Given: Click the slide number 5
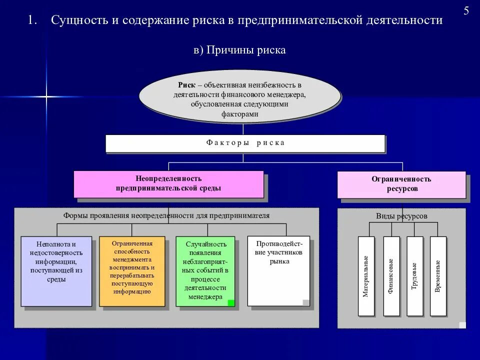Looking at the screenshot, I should point(466,11).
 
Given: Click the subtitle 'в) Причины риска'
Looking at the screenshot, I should point(239,50).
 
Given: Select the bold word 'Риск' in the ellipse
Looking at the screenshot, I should point(187,85).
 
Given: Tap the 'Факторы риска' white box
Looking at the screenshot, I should point(245,143).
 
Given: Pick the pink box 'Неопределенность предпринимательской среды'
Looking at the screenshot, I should point(168,183).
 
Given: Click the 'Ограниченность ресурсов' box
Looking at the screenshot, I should point(401,184).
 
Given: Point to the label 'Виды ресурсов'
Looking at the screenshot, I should point(401,216).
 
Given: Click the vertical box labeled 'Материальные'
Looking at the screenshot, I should point(366,276).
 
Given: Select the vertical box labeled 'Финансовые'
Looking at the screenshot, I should point(391,276).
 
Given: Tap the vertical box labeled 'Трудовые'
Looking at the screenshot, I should point(414,276).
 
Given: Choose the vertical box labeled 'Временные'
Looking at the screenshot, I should point(438,276).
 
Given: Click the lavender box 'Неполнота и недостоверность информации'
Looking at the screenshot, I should point(56,270).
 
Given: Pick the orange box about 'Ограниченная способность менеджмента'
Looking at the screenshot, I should point(132,270).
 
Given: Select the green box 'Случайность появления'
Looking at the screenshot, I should point(205,270).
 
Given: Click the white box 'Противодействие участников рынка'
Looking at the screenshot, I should point(278,270).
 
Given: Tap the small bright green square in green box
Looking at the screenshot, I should point(230,302).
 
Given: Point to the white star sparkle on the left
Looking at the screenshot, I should point(45,96).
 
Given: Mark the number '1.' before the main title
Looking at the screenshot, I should point(33,20).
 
